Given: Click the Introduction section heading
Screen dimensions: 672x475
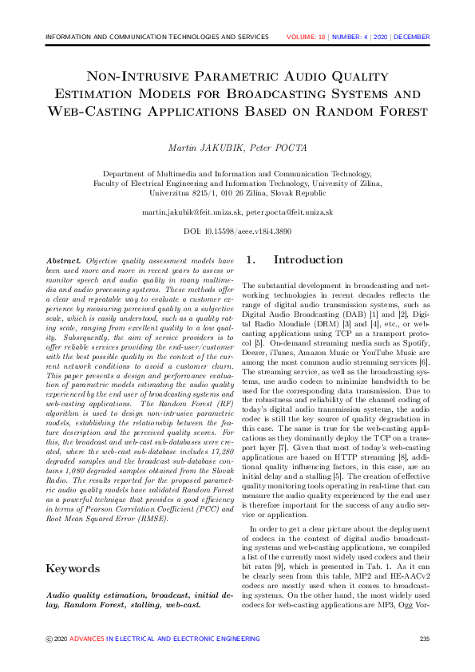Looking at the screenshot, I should [308, 259].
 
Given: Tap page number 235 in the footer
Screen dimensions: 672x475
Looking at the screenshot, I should [424, 638].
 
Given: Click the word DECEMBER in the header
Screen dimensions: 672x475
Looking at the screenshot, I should [411, 37].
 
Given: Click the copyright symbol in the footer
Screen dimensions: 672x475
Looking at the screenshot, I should [49, 638].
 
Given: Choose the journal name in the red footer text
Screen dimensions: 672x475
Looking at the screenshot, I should [164, 638].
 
